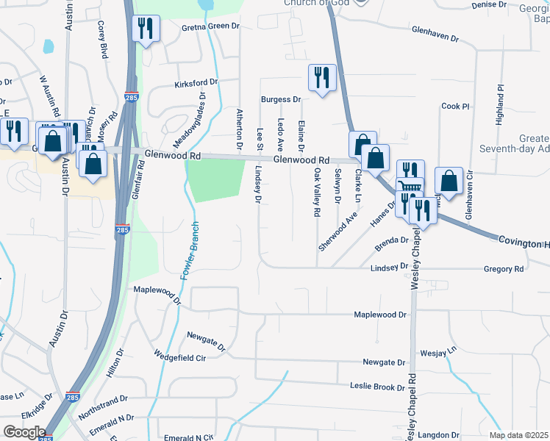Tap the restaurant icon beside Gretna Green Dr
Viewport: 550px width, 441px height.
[145, 29]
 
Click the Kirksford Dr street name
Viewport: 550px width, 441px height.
[196, 84]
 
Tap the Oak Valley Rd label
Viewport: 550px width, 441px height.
[318, 192]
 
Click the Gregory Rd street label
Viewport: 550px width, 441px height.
[503, 270]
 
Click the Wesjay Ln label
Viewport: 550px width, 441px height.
[438, 353]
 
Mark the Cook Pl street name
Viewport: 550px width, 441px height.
[455, 107]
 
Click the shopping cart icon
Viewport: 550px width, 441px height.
[410, 187]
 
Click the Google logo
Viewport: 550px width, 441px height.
[24, 431]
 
